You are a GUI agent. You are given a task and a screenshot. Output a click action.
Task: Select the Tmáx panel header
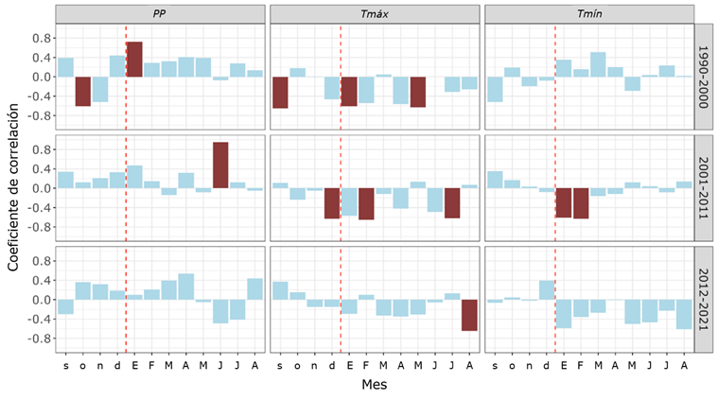point(375,14)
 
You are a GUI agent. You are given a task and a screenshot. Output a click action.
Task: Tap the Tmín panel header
point(588,14)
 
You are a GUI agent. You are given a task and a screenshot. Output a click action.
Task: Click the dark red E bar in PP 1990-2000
point(134,60)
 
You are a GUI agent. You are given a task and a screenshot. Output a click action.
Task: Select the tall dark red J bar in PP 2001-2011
point(220,165)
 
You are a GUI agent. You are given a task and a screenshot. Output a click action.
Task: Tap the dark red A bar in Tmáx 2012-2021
point(469,315)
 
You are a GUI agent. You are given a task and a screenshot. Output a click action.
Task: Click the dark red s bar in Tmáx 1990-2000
point(280,93)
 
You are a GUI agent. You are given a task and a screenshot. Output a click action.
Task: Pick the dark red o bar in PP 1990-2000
point(83,91)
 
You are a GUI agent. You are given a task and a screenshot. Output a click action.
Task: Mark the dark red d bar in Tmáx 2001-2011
point(332,203)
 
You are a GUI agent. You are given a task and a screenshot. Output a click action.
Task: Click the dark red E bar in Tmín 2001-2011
point(564,202)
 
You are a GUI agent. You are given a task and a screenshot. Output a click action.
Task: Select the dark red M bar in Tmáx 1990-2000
point(418,92)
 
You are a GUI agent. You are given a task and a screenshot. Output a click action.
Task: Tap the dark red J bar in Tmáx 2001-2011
point(452,203)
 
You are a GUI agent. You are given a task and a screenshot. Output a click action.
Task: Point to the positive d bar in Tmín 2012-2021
point(547,290)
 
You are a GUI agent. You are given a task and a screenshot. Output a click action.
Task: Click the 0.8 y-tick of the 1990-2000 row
point(41,38)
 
